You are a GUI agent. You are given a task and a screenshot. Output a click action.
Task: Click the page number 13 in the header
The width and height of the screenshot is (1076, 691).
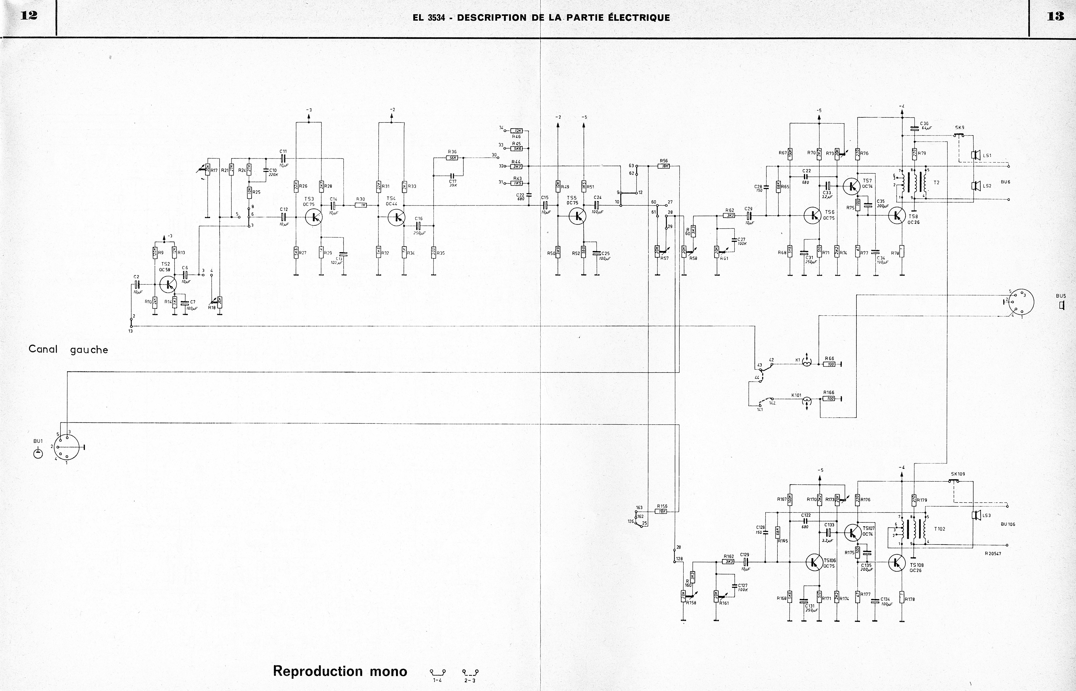pyautogui.click(x=1055, y=16)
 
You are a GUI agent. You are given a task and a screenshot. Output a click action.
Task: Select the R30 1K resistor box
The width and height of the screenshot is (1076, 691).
pyautogui.click(x=361, y=205)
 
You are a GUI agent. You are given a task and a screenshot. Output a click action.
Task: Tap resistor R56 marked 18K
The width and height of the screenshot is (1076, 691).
pyautogui.click(x=664, y=166)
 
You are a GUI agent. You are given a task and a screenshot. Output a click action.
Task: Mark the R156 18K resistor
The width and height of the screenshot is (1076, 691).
pyautogui.click(x=661, y=511)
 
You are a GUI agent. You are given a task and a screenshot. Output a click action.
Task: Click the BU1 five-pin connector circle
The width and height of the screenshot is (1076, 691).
pyautogui.click(x=66, y=447)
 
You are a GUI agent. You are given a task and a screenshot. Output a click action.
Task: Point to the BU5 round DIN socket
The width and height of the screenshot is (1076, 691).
pyautogui.click(x=1021, y=303)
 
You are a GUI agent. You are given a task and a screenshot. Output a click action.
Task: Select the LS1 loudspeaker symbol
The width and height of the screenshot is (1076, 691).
pyautogui.click(x=974, y=155)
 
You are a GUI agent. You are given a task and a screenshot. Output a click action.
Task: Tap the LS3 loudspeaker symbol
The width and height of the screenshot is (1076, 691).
pyautogui.click(x=974, y=515)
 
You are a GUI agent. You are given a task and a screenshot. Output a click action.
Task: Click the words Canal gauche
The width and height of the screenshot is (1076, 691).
pyautogui.click(x=68, y=349)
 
